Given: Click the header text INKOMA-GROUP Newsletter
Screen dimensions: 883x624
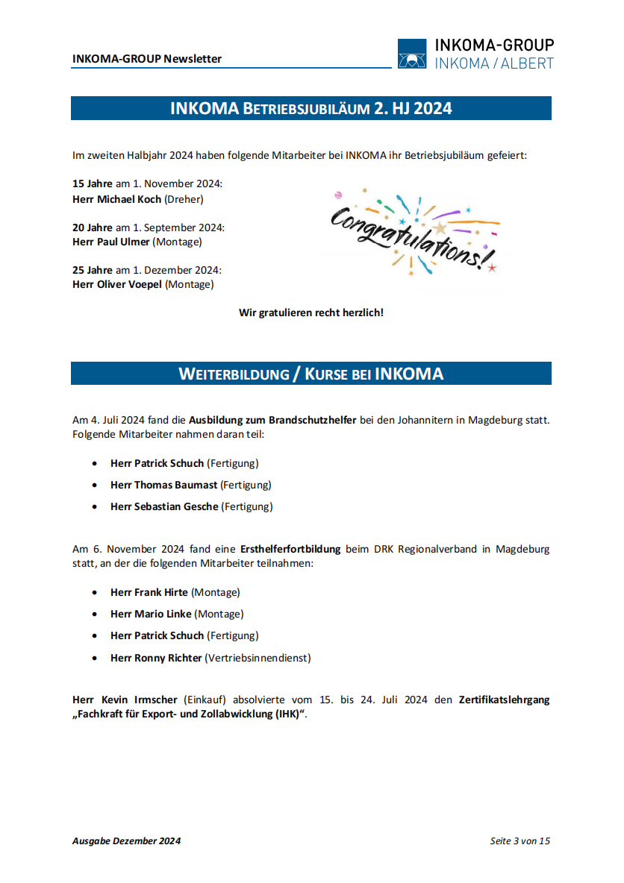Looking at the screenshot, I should [x=147, y=59].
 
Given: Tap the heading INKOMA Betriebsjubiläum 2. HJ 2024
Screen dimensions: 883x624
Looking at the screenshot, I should [x=311, y=108].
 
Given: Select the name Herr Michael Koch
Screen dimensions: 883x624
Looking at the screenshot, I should [x=116, y=199].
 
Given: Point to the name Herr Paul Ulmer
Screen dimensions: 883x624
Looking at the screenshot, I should [x=111, y=242].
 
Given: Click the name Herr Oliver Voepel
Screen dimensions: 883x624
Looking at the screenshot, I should [x=117, y=284].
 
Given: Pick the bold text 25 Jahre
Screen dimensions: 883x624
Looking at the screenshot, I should [x=93, y=270].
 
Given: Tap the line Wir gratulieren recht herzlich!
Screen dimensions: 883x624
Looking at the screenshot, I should [x=311, y=312].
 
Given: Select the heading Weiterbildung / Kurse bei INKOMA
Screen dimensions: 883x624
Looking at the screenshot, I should [x=311, y=374].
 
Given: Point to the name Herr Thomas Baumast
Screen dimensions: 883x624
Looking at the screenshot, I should [x=163, y=485].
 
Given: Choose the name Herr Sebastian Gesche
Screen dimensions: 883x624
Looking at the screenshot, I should [x=164, y=506].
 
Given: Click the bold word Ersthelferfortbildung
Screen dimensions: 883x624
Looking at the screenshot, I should [x=290, y=549].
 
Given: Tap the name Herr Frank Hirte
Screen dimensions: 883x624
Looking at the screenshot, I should [x=149, y=592].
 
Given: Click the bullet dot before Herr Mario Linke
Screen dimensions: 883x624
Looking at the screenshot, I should [x=94, y=615].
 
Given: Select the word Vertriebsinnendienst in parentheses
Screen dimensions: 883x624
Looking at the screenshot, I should [x=258, y=658].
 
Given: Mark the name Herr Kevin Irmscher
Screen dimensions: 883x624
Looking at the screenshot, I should [x=125, y=700].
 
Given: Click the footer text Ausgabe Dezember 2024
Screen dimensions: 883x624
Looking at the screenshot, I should [x=126, y=840].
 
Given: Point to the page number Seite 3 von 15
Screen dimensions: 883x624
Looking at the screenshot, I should [x=520, y=840].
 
